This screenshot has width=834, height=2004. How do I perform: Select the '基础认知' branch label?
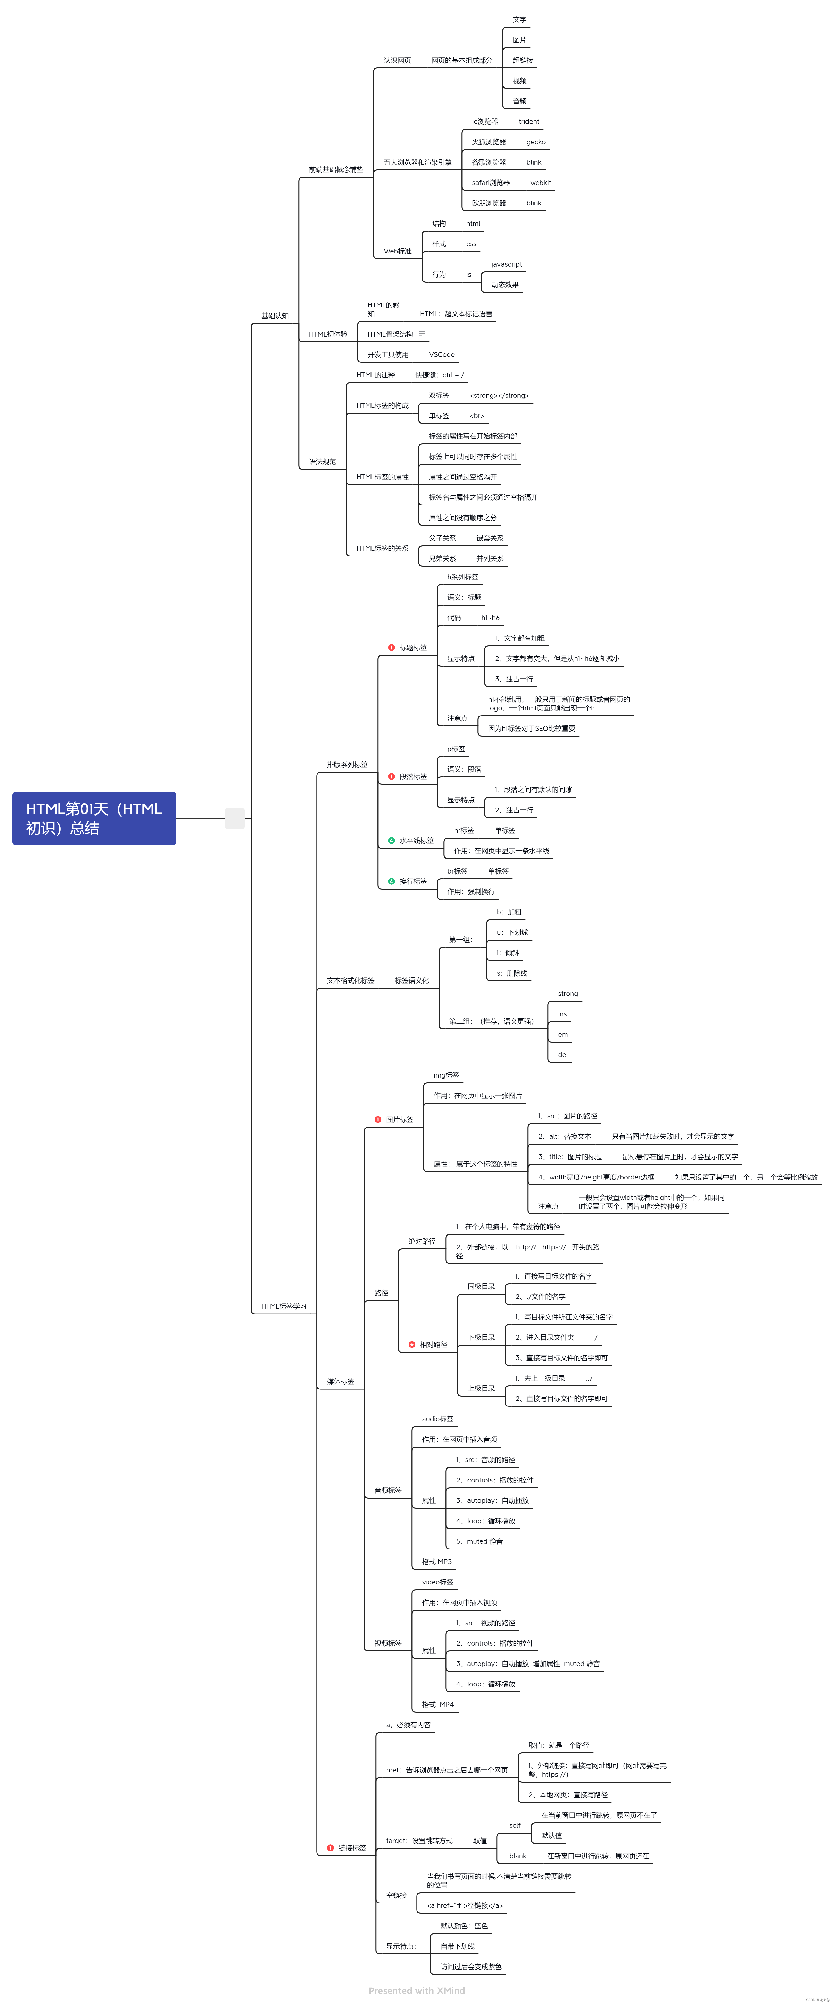[275, 316]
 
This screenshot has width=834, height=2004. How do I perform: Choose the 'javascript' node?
[507, 264]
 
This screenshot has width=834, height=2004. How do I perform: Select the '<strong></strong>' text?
[499, 396]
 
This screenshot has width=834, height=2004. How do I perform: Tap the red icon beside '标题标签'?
[391, 647]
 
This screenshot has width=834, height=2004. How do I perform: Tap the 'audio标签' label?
[437, 1419]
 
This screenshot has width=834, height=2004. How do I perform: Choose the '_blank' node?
[517, 1856]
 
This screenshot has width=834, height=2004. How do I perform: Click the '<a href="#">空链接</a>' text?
[465, 1905]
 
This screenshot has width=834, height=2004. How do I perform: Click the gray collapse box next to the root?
[235, 818]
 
